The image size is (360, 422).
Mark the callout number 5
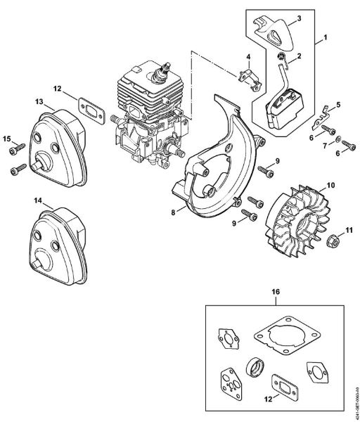coord(338,105)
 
